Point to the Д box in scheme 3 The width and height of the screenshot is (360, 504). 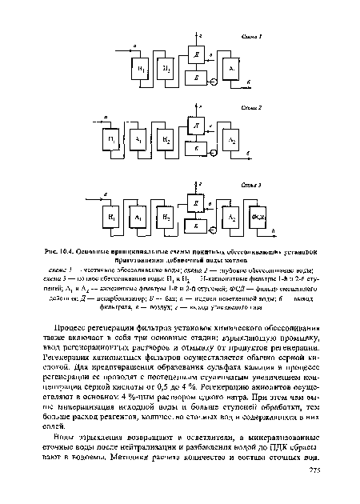197,206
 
